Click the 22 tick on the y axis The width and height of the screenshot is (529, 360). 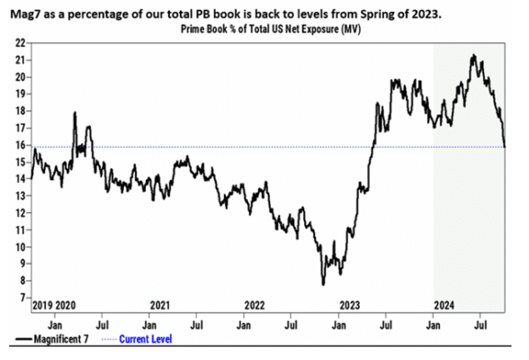(20, 43)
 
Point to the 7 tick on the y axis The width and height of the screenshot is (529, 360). (23, 298)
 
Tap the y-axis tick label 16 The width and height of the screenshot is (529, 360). (20, 146)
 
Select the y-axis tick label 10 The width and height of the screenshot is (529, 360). (20, 247)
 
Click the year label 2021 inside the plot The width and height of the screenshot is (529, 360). (160, 305)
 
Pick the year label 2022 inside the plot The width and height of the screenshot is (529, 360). (255, 305)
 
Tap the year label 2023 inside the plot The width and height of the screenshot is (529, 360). (350, 305)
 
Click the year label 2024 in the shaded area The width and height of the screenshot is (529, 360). (444, 305)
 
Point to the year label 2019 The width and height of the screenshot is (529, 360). (42, 305)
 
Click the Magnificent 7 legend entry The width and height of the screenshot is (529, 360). (52, 339)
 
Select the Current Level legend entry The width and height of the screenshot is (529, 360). (137, 339)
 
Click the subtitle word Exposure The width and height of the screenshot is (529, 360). (320, 30)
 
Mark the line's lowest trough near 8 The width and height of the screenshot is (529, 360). (323, 285)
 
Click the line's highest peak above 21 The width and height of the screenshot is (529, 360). (474, 55)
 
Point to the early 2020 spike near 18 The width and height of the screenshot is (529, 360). (75, 112)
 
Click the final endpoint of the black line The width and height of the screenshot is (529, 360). (505, 147)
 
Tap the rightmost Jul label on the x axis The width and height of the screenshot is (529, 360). (480, 325)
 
